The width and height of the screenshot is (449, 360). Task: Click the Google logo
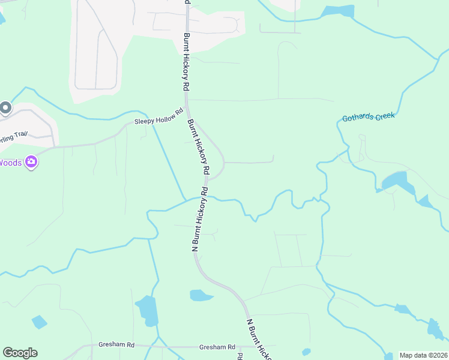click(x=20, y=353)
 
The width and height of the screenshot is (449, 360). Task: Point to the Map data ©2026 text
click(x=423, y=355)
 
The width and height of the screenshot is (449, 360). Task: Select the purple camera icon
click(x=32, y=162)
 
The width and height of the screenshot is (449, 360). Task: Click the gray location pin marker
click(x=5, y=108)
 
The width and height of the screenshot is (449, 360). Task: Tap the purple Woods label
click(x=10, y=163)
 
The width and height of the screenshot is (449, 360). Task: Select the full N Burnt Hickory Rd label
click(x=199, y=219)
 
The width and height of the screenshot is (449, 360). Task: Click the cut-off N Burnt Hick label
click(x=258, y=340)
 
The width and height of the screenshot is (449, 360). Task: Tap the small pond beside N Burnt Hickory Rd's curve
click(x=200, y=295)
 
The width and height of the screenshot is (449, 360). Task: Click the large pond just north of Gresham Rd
click(x=147, y=310)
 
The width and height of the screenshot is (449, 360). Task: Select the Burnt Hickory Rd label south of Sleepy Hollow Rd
click(x=198, y=148)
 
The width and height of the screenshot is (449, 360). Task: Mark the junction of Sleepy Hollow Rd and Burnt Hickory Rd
click(x=186, y=110)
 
